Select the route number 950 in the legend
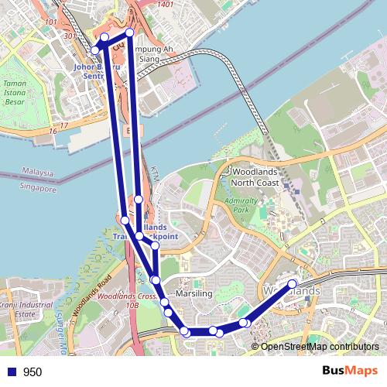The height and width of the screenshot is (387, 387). point(32,372)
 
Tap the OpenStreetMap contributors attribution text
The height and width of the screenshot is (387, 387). point(320,348)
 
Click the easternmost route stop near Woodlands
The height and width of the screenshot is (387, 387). point(293,284)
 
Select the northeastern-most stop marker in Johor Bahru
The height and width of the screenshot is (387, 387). point(129,33)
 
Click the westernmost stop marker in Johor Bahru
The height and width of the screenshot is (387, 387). point(95,50)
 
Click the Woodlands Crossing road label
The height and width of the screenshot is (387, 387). point(128,296)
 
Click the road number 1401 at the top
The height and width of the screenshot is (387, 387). point(165,5)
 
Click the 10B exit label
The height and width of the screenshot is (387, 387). point(132,306)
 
